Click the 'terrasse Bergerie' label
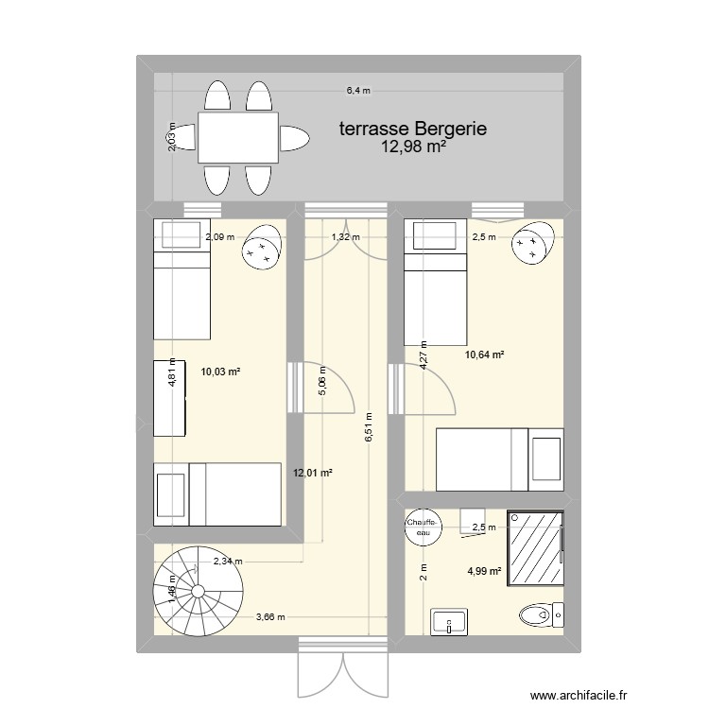(x=413, y=129)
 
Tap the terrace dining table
(x=238, y=138)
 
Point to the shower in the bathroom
(x=535, y=550)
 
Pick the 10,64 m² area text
(x=483, y=355)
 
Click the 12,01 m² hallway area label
(x=314, y=474)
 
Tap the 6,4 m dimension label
(x=358, y=91)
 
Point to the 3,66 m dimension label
(x=271, y=618)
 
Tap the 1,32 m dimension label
(x=345, y=237)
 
